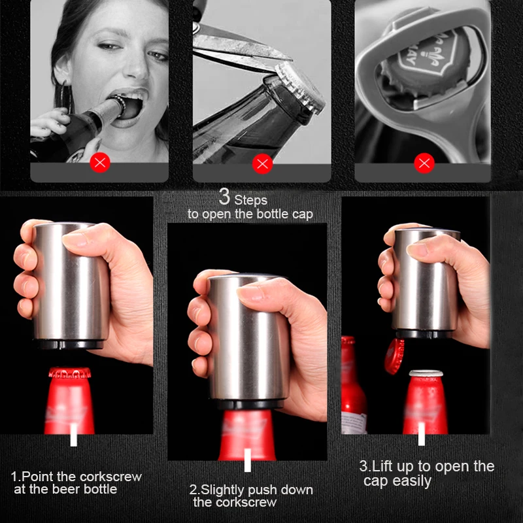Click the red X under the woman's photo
[100, 162]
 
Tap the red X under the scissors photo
[263, 164]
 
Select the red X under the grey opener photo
[424, 163]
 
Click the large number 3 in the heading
[224, 197]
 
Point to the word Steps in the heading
[251, 200]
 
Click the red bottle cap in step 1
[70, 373]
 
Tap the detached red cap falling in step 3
[394, 356]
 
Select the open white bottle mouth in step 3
[426, 373]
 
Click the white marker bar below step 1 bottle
[74, 435]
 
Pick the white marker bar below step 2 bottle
[248, 460]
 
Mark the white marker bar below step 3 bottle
[422, 434]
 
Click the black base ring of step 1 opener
[71, 345]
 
